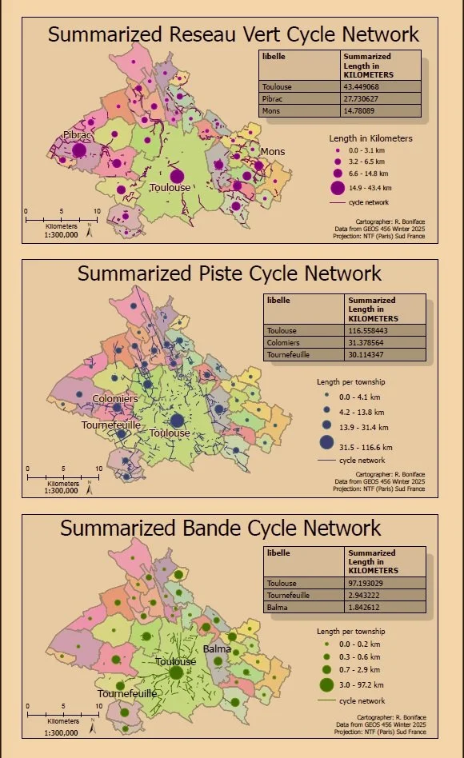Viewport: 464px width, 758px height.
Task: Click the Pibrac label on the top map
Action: point(78,136)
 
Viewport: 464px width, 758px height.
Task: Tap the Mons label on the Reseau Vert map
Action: point(272,151)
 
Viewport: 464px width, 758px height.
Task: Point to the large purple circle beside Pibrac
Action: point(79,150)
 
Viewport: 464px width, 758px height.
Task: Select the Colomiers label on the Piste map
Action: point(115,398)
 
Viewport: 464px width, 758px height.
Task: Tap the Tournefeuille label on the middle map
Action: point(110,425)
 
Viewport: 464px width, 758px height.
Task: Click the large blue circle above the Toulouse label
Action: point(177,421)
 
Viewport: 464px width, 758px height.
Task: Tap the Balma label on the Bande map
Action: point(217,648)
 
